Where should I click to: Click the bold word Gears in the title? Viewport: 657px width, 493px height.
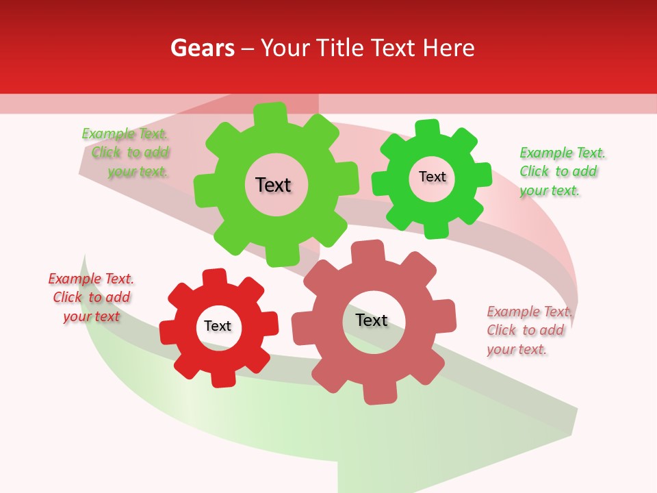pos(202,48)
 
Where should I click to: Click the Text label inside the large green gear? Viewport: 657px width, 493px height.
pos(273,185)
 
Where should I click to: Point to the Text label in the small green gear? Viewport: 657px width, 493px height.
pos(432,177)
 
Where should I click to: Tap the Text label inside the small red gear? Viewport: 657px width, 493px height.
pos(218,326)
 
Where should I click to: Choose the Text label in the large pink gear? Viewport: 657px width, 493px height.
pos(372,320)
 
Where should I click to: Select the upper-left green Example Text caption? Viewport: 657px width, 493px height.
pos(126,153)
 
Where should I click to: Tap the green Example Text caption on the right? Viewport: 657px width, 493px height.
pos(562,171)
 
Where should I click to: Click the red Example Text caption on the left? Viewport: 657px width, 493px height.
pos(91,297)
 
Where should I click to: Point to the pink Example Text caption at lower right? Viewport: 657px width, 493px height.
pos(529,330)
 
